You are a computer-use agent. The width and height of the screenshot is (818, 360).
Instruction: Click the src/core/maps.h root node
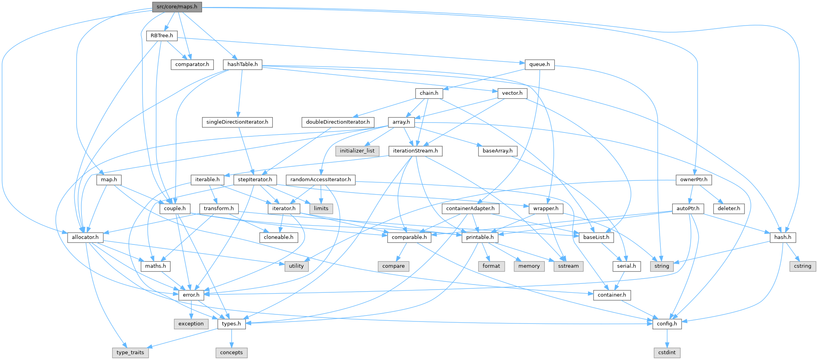[x=177, y=7]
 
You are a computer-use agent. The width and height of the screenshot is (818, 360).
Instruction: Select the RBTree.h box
[x=162, y=36]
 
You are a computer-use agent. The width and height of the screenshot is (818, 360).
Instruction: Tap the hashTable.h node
[x=243, y=64]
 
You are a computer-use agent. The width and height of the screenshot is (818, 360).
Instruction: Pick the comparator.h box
[x=192, y=64]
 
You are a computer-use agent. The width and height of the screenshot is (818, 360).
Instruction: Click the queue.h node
[x=539, y=64]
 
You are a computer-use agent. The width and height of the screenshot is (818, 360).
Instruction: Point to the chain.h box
[x=428, y=93]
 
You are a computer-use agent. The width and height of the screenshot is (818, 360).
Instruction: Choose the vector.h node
[x=512, y=93]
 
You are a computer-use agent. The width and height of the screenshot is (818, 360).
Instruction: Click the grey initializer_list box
[x=357, y=151]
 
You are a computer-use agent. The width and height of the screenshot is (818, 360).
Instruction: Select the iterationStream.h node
[x=415, y=151]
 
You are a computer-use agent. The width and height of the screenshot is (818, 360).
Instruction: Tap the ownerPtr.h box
[x=694, y=180]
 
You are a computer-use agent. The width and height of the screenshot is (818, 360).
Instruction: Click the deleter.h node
[x=729, y=209]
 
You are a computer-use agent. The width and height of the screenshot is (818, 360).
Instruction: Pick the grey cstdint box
[x=667, y=353]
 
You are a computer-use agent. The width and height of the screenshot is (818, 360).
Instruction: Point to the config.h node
[x=667, y=324]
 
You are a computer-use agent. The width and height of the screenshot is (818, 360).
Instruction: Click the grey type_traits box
[x=130, y=353]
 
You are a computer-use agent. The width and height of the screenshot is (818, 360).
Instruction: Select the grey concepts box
[x=231, y=353]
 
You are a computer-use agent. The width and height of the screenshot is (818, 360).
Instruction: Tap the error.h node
[x=191, y=295]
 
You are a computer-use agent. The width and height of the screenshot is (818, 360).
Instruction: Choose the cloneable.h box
[x=278, y=237]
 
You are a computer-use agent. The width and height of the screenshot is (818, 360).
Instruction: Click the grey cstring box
[x=802, y=266]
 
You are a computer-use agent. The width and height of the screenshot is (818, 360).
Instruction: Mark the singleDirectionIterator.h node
[x=237, y=122]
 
